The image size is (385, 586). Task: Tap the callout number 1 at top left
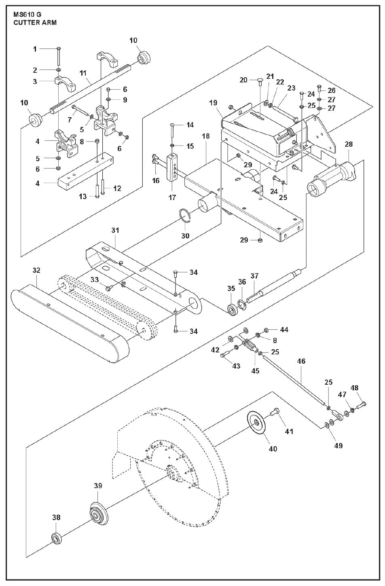35,49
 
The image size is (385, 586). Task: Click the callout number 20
243,80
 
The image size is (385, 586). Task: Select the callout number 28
349,144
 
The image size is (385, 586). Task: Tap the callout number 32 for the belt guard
36,270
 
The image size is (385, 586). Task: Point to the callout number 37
254,276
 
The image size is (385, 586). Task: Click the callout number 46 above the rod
301,361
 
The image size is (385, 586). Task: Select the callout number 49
338,445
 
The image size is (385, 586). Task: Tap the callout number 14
190,125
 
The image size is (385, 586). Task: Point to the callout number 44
284,330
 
